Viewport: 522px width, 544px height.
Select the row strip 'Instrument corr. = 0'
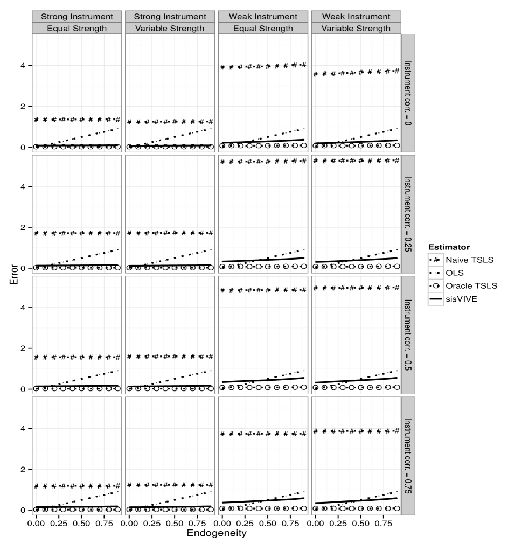coord(408,94)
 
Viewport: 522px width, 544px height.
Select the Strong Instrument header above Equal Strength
coord(76,17)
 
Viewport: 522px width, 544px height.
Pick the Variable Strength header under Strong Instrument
coord(170,28)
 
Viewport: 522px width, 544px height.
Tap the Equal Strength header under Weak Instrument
coord(263,28)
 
